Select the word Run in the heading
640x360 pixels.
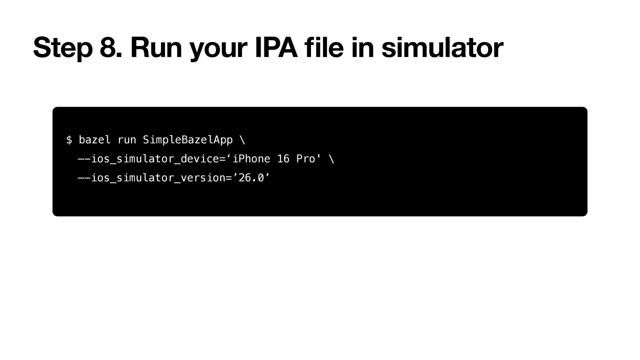click(156, 48)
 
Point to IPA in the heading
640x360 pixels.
click(276, 48)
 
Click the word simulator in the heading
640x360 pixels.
click(442, 48)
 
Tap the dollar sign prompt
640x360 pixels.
click(69, 140)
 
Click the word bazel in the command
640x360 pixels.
click(95, 140)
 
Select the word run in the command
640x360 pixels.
click(127, 140)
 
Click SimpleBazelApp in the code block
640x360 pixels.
click(188, 140)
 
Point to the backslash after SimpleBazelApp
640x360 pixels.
click(242, 140)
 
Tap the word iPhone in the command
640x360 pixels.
click(251, 159)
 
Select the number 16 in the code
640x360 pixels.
click(283, 159)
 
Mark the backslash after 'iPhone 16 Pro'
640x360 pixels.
click(332, 159)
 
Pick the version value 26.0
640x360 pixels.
click(251, 178)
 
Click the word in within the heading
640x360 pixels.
click(362, 48)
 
